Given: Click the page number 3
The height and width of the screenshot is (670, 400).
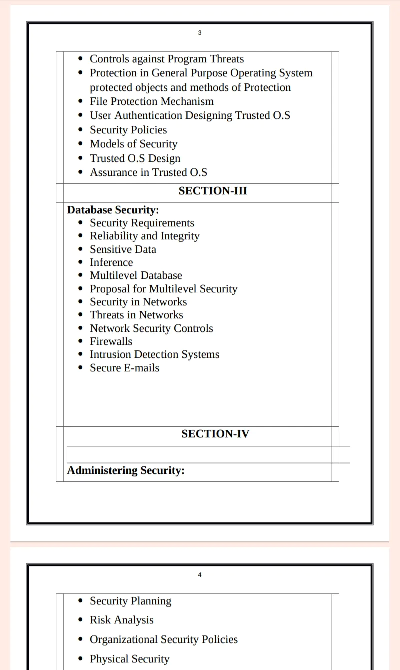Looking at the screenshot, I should coord(200,33).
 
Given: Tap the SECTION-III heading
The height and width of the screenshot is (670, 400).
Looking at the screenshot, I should coord(213,191).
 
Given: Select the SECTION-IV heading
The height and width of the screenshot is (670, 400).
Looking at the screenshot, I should coord(215,434).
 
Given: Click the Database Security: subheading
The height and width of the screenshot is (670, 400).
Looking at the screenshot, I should coord(113,210).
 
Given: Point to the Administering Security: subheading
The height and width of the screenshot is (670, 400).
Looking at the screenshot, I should coord(126,470).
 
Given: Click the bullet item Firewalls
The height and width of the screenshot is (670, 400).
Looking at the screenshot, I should coord(111,341).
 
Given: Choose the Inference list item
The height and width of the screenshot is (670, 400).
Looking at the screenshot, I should coord(111,262).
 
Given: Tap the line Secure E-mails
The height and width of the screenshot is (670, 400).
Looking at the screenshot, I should coord(124,368).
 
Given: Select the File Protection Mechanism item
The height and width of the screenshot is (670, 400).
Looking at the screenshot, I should coord(151,101).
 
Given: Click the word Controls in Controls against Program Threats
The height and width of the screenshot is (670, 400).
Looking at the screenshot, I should coord(109,59).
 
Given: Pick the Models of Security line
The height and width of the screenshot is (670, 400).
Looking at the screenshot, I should coord(133,144).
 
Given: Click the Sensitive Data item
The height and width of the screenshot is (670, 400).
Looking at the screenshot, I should coord(123,249).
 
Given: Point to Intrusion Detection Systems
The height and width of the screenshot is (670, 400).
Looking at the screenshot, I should coord(154,354).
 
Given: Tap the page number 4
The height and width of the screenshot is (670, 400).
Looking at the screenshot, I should coord(200,575).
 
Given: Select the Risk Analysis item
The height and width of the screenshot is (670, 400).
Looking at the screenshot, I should coord(121,620).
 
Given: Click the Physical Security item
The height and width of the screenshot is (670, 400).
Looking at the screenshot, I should coord(129,659).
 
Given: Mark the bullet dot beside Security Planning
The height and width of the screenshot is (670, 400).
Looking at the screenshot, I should coord(81,601).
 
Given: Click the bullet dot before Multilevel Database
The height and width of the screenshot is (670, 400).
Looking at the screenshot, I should coord(81,276).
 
